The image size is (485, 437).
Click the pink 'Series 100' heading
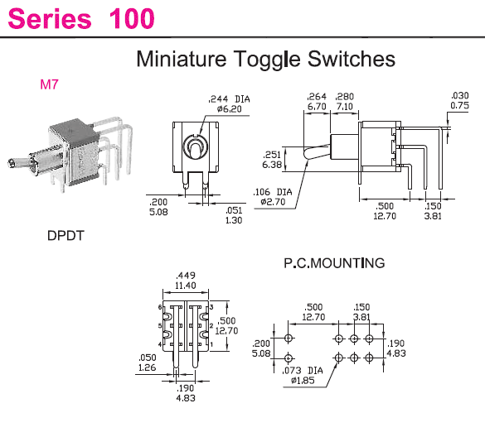(81, 18)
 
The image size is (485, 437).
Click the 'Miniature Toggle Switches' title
(266, 59)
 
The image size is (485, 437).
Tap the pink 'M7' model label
(49, 84)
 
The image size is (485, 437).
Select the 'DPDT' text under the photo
(65, 236)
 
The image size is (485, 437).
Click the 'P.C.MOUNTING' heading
(334, 263)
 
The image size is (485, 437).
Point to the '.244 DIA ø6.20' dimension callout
(229, 104)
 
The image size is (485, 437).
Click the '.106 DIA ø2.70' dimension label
(273, 197)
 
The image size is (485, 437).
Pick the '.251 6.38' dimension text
(272, 160)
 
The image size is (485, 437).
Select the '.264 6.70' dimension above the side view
(317, 102)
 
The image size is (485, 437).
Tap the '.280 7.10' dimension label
(344, 102)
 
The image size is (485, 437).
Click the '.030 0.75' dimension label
(459, 101)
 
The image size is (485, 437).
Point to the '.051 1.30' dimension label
(234, 215)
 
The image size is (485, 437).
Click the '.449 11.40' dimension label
(186, 281)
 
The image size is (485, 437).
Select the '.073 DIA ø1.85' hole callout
(303, 375)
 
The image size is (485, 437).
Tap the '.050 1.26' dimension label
(148, 363)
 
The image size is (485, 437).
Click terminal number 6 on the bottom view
(160, 307)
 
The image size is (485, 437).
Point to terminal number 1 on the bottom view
(212, 344)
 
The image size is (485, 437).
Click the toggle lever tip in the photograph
(11, 163)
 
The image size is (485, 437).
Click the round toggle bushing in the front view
(195, 147)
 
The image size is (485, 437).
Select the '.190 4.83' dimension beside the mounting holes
(396, 348)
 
